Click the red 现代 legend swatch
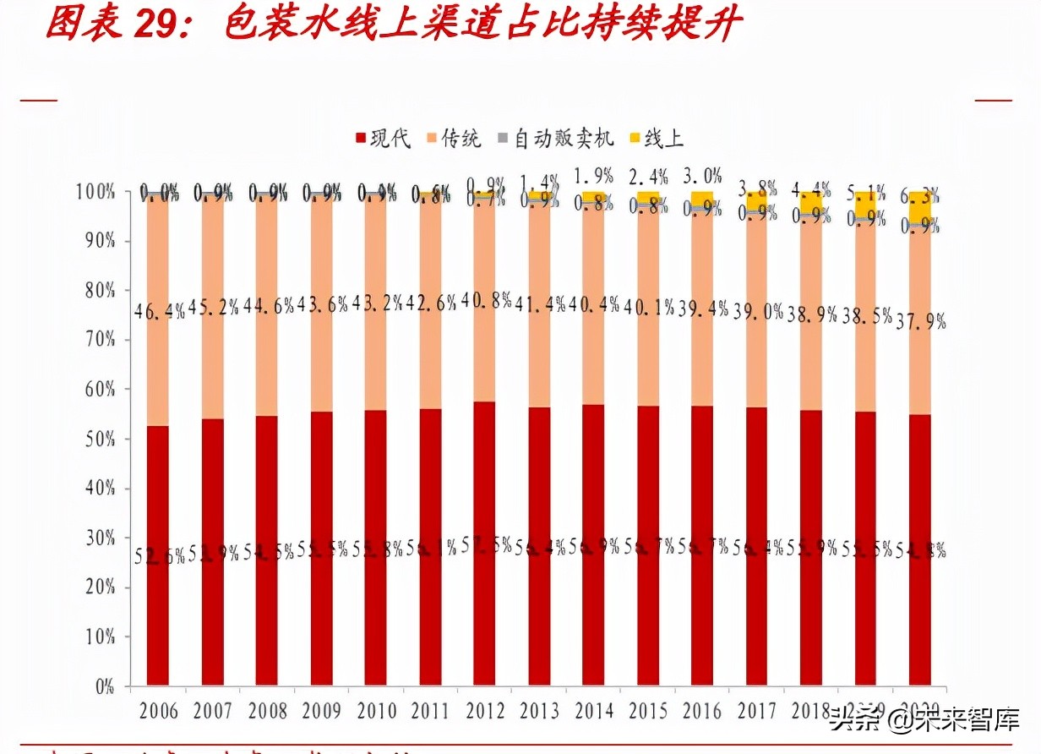pos(361,139)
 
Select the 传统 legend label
pos(461,139)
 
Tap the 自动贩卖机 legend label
pos(564,139)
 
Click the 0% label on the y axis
pos(103,686)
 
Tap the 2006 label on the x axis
pos(158,710)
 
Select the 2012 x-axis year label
pos(484,710)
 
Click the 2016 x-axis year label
pos(702,710)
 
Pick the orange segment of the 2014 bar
pos(593,355)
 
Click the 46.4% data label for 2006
pos(160,310)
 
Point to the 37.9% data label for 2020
pos(919,321)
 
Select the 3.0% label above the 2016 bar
pos(702,176)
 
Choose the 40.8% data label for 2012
pos(485,299)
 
